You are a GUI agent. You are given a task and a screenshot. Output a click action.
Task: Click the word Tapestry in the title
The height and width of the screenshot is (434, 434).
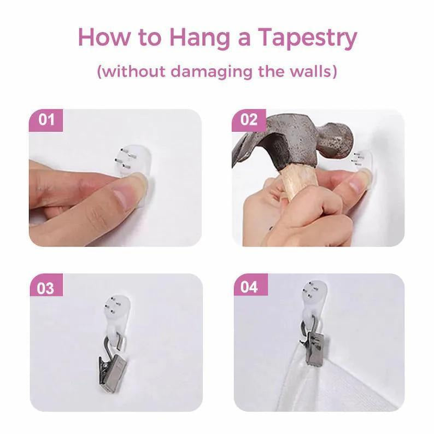pos(308,38)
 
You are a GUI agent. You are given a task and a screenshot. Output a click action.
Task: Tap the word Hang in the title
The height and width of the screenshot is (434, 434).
pos(200,39)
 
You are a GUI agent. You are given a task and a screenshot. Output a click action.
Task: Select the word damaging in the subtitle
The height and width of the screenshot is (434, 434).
pos(211,72)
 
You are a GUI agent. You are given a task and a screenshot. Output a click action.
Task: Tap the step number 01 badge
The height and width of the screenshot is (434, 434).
pos(46,120)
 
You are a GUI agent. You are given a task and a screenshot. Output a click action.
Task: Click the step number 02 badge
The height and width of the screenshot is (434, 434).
pos(249,120)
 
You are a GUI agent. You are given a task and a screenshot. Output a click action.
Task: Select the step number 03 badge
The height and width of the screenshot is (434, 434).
pos(46,288)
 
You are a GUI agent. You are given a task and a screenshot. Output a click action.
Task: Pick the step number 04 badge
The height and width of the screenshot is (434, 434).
pos(250,287)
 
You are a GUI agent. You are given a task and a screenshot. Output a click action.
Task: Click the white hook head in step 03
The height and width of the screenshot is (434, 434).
pos(117,307)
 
